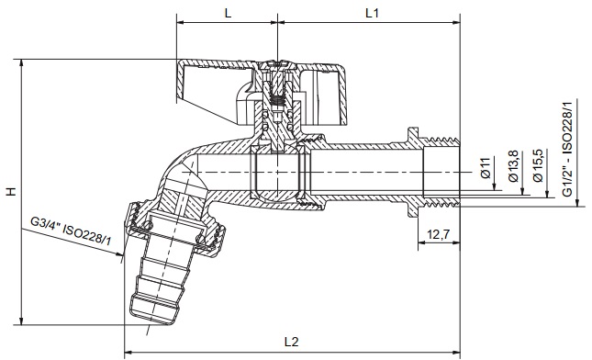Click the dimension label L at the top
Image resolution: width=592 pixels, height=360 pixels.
coord(228,13)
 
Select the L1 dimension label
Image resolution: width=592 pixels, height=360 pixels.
coord(372,13)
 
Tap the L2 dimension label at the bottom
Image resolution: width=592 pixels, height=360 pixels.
coord(291,342)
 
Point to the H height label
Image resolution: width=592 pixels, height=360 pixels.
coord(12,192)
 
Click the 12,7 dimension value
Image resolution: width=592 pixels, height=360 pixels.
coord(439,234)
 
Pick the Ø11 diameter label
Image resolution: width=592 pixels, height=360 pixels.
coord(486,168)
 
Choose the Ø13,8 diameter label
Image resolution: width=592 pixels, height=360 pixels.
coord(513,166)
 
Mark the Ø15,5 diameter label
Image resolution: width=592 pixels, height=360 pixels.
coord(539,165)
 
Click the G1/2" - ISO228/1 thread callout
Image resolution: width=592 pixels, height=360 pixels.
coord(567,148)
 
